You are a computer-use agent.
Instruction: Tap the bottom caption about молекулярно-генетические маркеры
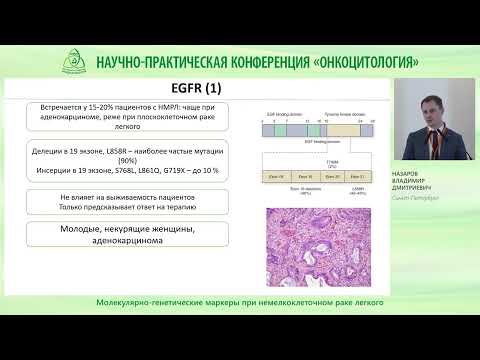pyautogui.click(x=240, y=301)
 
